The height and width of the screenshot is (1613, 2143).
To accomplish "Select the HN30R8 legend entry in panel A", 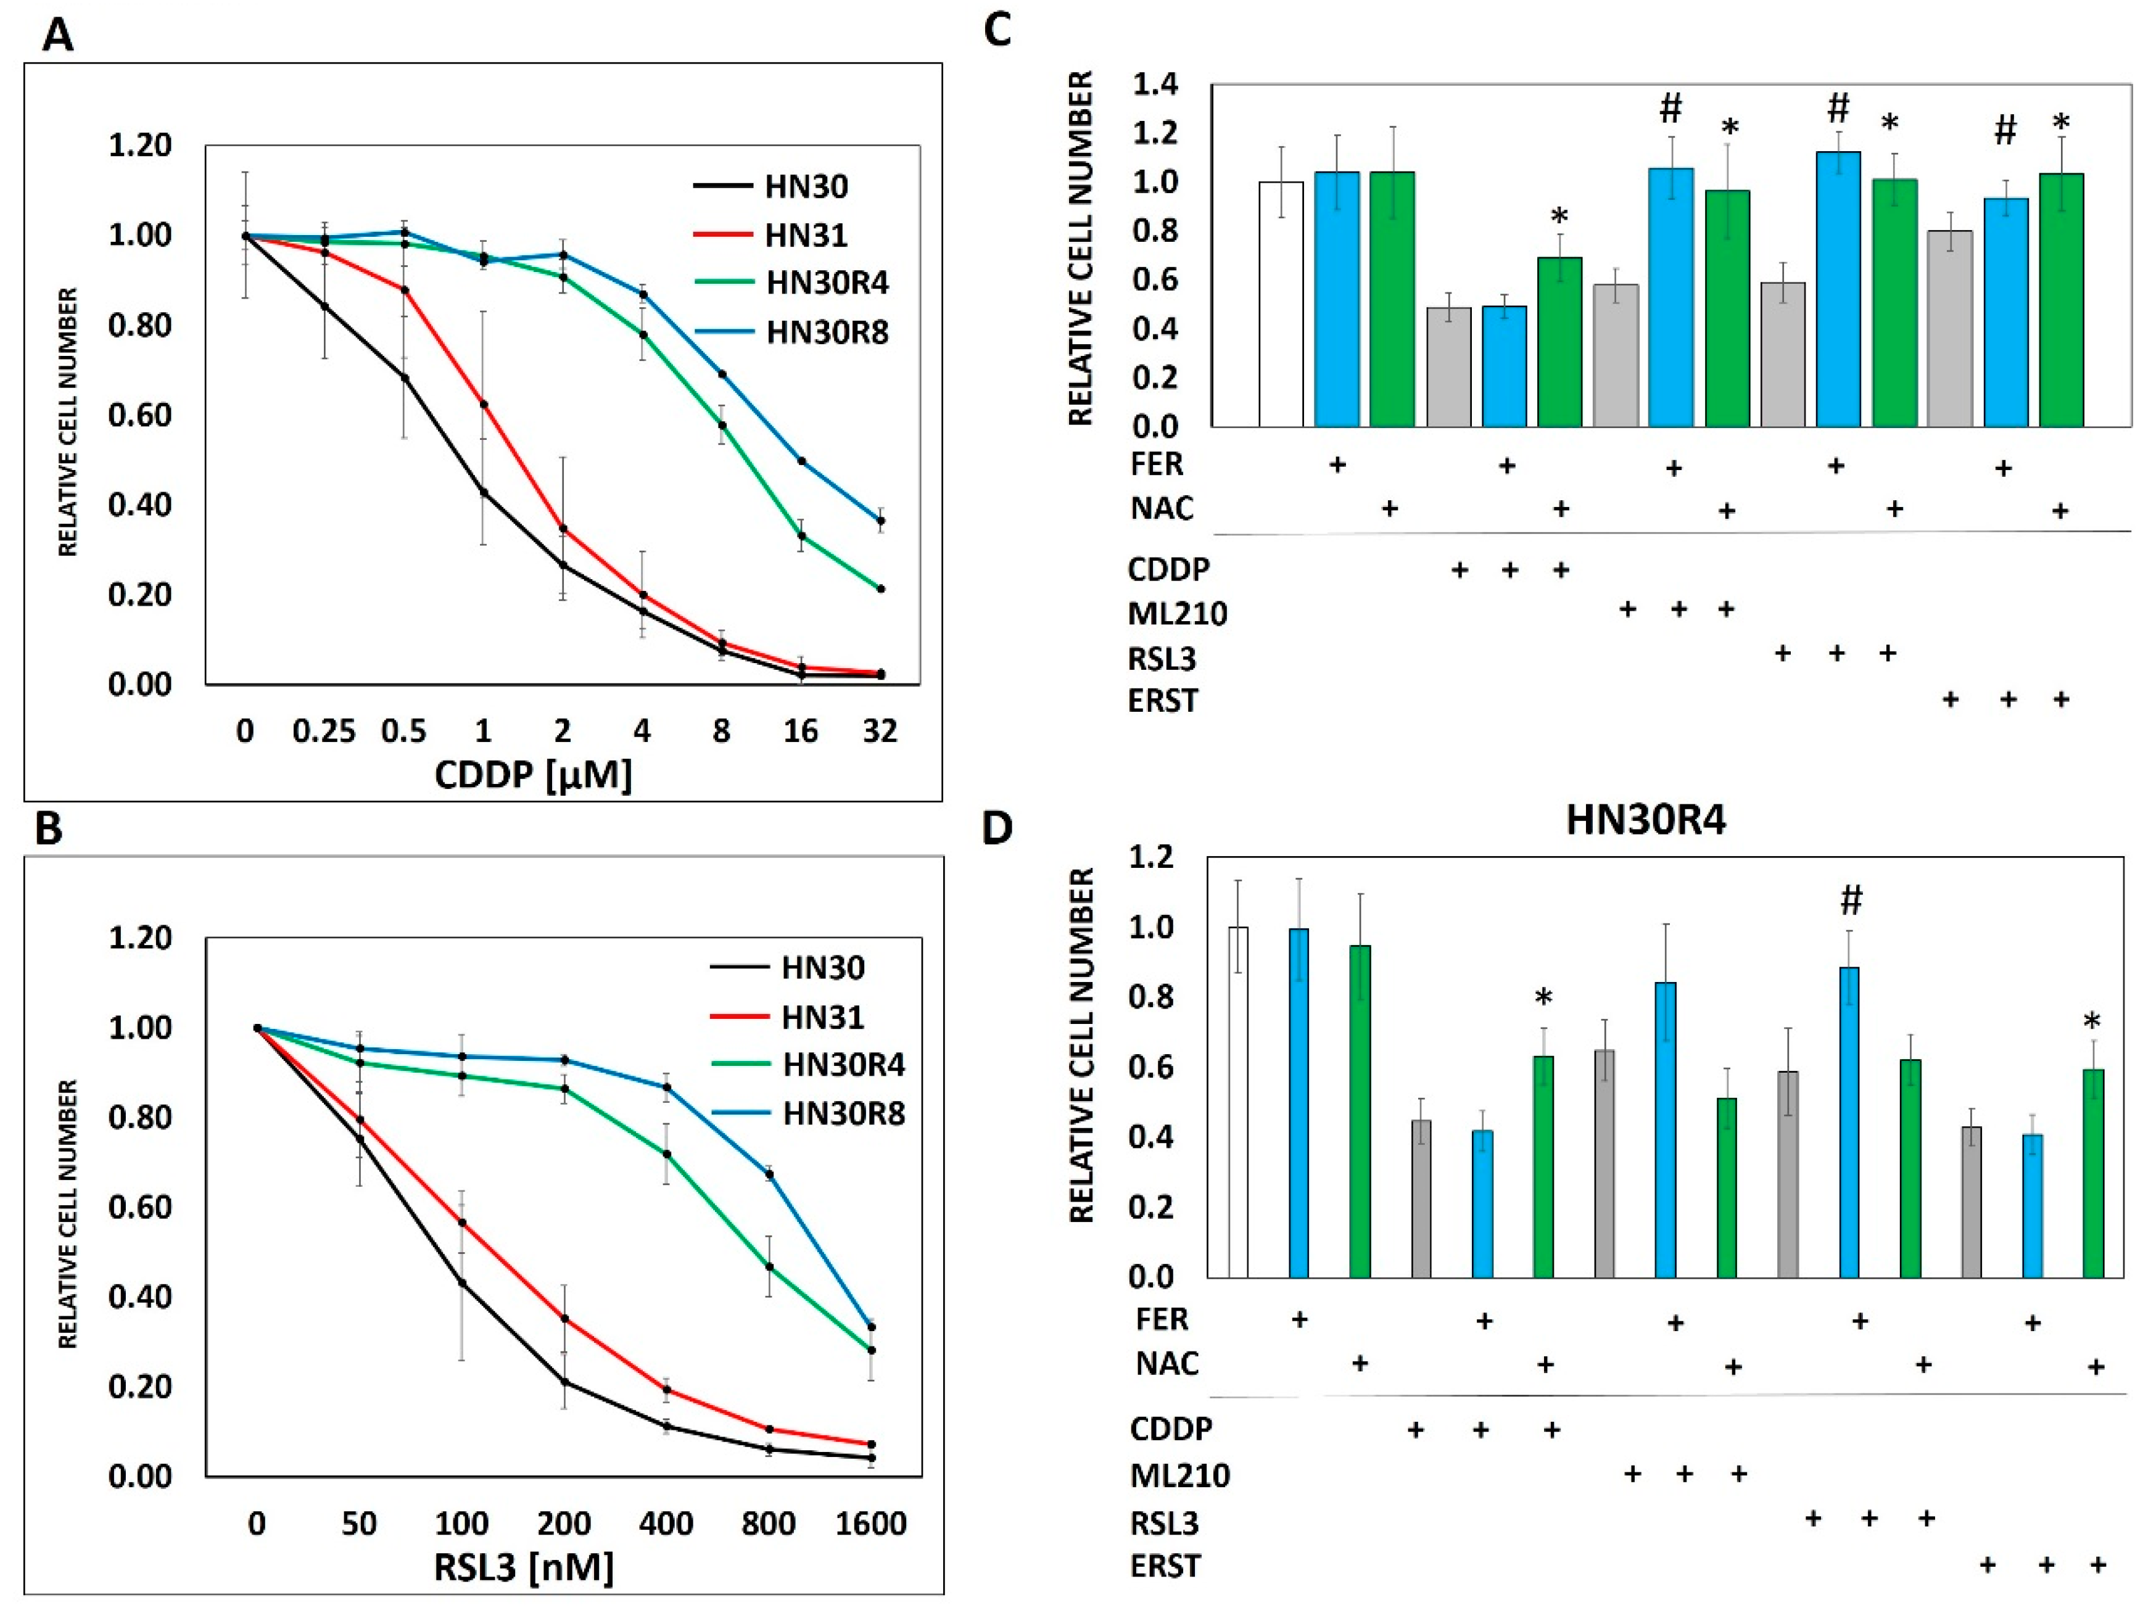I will coord(827,332).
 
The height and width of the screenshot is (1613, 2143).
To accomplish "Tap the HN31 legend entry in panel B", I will coord(822,1017).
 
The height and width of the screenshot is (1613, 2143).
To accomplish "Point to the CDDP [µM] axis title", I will coord(533,774).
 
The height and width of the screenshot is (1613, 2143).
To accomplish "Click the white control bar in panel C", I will coord(1281,303).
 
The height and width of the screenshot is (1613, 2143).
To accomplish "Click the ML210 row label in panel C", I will coord(1177,613).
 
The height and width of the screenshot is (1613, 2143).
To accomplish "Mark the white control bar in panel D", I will coord(1237,1102).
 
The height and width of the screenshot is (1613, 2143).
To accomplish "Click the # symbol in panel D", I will coord(1851,901).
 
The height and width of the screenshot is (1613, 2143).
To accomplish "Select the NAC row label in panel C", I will coord(1162,509).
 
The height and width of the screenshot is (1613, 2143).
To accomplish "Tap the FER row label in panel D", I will coord(1162,1319).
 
